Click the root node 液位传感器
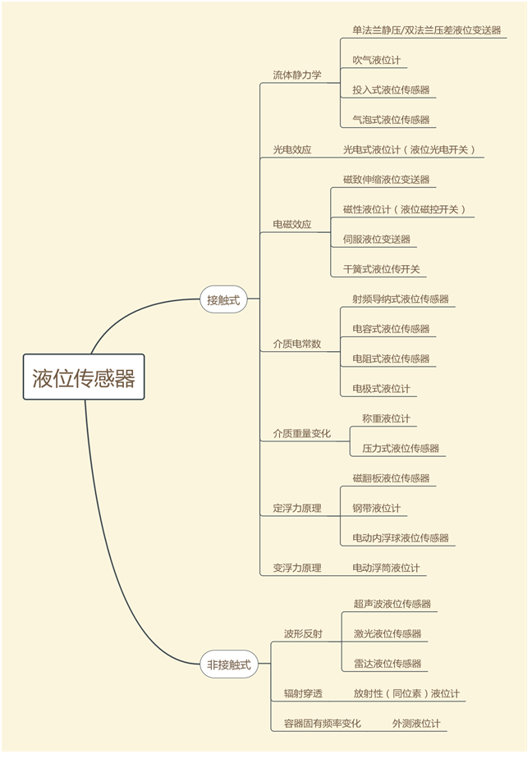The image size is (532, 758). (x=84, y=377)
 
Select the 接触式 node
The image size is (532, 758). (x=223, y=300)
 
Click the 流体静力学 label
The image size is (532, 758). (x=297, y=75)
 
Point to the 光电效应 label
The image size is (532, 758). (x=292, y=150)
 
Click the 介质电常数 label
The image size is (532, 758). (x=297, y=345)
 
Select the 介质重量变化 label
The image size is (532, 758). (x=302, y=433)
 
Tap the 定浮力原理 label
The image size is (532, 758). (x=297, y=509)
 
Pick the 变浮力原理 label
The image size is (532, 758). (x=297, y=568)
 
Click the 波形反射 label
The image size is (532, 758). (x=303, y=634)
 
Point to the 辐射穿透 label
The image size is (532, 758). (x=303, y=694)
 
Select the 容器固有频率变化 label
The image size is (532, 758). (x=323, y=724)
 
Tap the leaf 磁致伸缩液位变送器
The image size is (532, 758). (x=386, y=180)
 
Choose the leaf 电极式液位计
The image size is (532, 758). (x=381, y=389)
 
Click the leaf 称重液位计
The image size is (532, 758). (x=386, y=418)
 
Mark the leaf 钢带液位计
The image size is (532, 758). (x=376, y=509)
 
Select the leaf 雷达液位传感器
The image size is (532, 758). (x=388, y=664)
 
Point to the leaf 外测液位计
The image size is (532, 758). (x=416, y=724)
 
